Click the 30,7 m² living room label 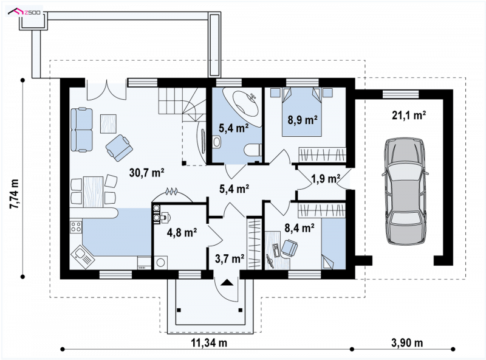pyautogui.click(x=146, y=172)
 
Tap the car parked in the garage pyautogui.click(x=405, y=192)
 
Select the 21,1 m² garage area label pyautogui.click(x=408, y=116)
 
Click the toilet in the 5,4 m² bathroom pyautogui.click(x=253, y=150)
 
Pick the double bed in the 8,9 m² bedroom pyautogui.click(x=302, y=112)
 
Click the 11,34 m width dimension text pyautogui.click(x=209, y=342)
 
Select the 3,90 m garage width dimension pyautogui.click(x=407, y=342)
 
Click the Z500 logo pyautogui.click(x=24, y=12)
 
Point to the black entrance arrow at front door pyautogui.click(x=227, y=282)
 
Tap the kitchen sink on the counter pyautogui.click(x=83, y=255)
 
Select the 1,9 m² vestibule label pyautogui.click(x=326, y=178)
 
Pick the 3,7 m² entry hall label pyautogui.click(x=230, y=258)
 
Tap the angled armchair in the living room pyautogui.click(x=119, y=148)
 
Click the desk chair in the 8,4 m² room pyautogui.click(x=290, y=247)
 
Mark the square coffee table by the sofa pyautogui.click(x=109, y=123)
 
